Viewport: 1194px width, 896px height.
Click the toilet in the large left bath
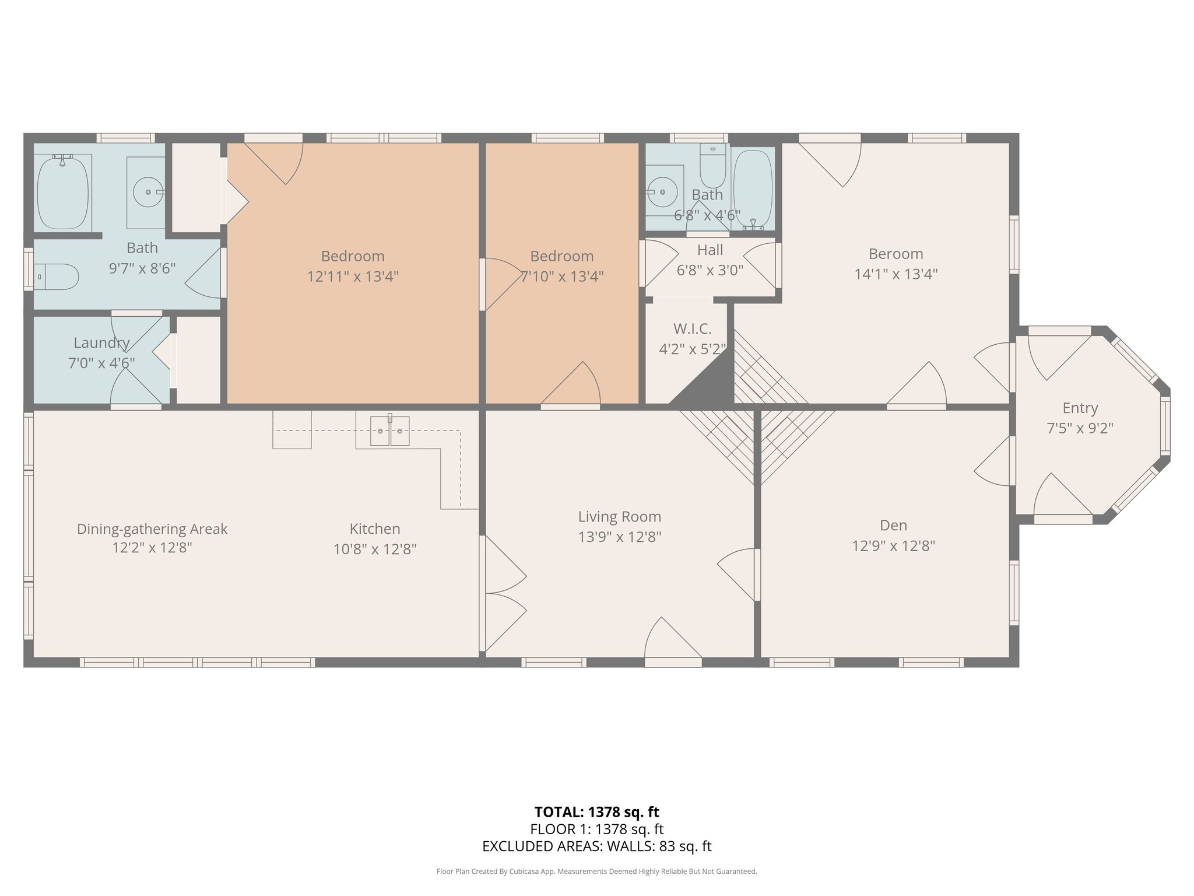click(56, 277)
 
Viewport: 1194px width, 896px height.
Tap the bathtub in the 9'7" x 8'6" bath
click(63, 192)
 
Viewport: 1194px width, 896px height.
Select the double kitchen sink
click(390, 430)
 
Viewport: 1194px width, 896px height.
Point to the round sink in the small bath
click(662, 192)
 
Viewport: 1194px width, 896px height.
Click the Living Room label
click(620, 517)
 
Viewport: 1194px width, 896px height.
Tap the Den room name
click(894, 526)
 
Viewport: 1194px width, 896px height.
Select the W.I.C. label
click(693, 329)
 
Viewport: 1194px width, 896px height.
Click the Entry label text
click(1080, 408)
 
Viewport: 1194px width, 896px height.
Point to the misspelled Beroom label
click(896, 254)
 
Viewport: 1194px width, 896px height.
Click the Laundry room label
click(101, 343)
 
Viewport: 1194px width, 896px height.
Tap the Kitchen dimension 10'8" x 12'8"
click(375, 549)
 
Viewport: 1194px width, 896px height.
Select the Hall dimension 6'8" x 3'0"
click(710, 270)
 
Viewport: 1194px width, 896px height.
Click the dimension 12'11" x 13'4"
click(353, 276)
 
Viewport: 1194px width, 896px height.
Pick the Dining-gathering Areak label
click(152, 529)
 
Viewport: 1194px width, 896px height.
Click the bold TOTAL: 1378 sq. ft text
click(597, 812)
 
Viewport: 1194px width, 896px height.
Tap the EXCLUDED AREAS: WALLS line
click(597, 846)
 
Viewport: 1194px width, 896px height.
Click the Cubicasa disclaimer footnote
click(597, 871)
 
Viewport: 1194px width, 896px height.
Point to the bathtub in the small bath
click(753, 188)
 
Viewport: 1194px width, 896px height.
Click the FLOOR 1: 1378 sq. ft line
click(597, 829)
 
